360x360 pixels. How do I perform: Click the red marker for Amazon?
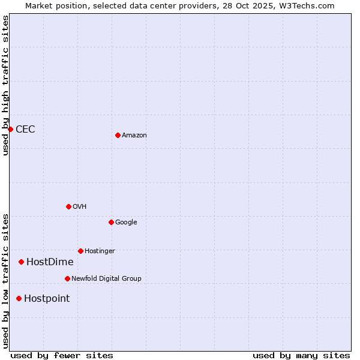click(x=118, y=135)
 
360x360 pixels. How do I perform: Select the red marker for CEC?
click(x=10, y=129)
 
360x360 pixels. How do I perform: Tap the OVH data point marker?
click(x=68, y=206)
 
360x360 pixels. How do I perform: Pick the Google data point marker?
click(x=111, y=222)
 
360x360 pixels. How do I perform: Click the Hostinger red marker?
click(x=80, y=251)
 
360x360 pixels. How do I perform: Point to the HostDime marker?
click(x=21, y=262)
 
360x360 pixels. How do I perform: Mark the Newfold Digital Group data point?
click(x=67, y=278)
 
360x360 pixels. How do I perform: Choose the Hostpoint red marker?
click(x=19, y=298)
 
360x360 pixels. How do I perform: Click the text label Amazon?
click(x=134, y=135)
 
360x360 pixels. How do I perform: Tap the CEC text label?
click(x=25, y=129)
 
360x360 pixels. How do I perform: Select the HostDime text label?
click(x=50, y=262)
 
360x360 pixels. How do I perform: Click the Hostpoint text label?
click(x=47, y=298)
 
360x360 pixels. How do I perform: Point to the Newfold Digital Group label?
click(x=106, y=278)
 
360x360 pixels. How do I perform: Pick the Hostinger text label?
click(x=100, y=251)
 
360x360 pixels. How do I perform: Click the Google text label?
click(x=126, y=222)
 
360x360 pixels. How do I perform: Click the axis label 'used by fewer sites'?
click(x=62, y=355)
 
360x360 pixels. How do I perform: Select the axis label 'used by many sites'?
click(x=301, y=355)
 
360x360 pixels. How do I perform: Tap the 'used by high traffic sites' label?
click(x=5, y=85)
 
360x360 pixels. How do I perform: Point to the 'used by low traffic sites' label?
click(x=5, y=281)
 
